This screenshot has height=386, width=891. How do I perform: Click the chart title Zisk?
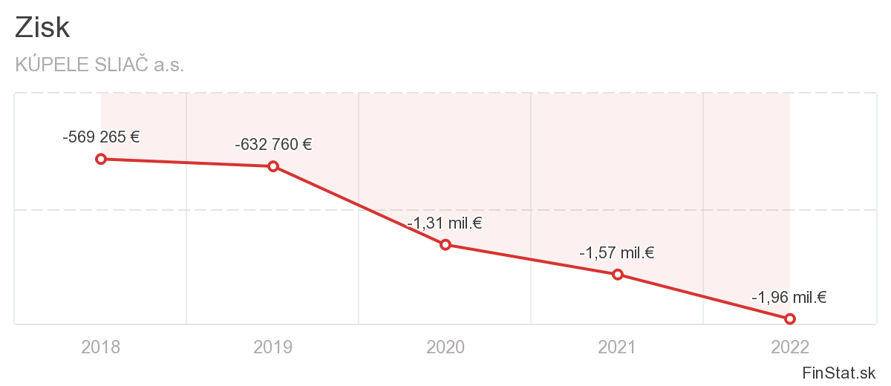pos(42,28)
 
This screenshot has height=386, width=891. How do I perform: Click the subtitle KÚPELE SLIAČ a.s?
pos(99,65)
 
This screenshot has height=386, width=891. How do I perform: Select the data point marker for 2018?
pos(101,158)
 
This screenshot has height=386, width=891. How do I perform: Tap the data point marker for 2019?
pos(273,166)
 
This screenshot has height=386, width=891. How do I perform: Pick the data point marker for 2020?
pos(446,245)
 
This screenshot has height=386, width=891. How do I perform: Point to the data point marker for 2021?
pos(617,275)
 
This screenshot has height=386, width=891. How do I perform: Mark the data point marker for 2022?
pos(789,318)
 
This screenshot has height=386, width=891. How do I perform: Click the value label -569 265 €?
pos(101,137)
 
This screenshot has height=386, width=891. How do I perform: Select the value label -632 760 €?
pos(273,145)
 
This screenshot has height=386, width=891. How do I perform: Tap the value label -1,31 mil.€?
pos(446,223)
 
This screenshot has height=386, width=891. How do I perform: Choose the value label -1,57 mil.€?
pos(617,253)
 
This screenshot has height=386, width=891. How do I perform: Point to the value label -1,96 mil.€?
pos(789,298)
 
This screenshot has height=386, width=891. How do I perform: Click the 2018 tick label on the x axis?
pos(101,347)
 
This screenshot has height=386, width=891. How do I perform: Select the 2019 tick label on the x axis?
pos(273,347)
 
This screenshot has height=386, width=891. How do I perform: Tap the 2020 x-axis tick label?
pos(446,347)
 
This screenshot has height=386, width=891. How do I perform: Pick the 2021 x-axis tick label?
pos(617,347)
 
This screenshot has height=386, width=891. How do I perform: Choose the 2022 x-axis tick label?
pos(789,347)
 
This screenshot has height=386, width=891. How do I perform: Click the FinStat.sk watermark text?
pos(839,373)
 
